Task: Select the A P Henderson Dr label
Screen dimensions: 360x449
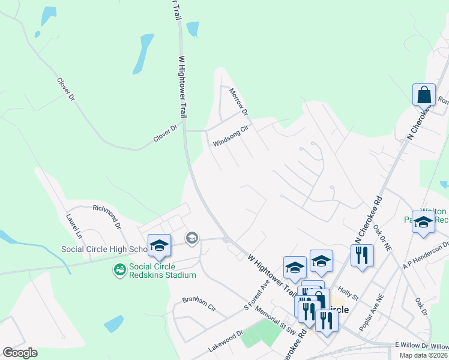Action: (x=427, y=254)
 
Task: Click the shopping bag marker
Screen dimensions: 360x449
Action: (x=424, y=95)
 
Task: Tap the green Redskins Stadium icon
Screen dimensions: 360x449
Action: (x=120, y=271)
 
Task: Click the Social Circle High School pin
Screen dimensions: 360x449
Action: (x=159, y=245)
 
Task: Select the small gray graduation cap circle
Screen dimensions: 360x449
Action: (x=191, y=238)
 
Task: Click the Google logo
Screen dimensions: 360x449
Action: (x=20, y=353)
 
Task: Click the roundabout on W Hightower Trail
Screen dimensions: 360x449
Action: (x=226, y=239)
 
